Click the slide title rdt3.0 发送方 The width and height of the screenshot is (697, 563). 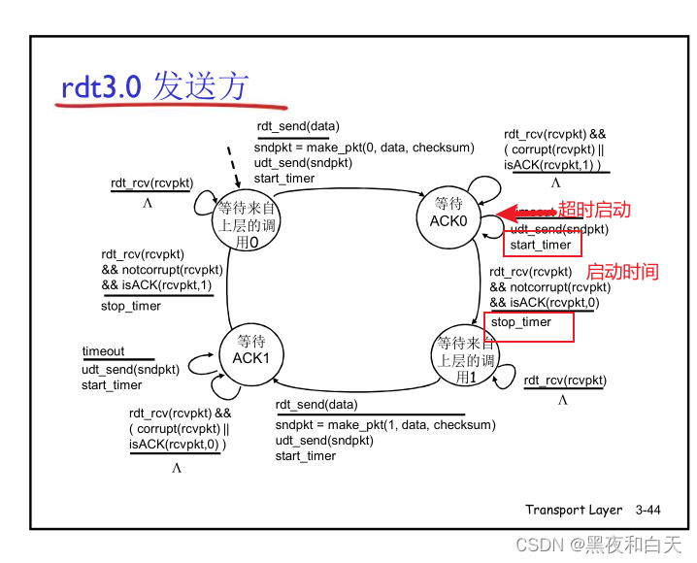[154, 87]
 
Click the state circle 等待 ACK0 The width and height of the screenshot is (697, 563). [448, 213]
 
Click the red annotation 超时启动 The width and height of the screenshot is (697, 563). [594, 210]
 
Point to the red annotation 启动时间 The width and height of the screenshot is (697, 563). [622, 272]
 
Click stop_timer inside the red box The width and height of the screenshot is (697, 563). [521, 322]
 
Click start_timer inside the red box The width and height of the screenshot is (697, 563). [542, 245]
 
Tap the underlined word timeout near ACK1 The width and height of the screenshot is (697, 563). [103, 351]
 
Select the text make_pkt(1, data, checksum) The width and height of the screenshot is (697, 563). [413, 424]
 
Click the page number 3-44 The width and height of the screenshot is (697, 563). [647, 510]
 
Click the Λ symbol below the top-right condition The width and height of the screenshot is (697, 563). [556, 182]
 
